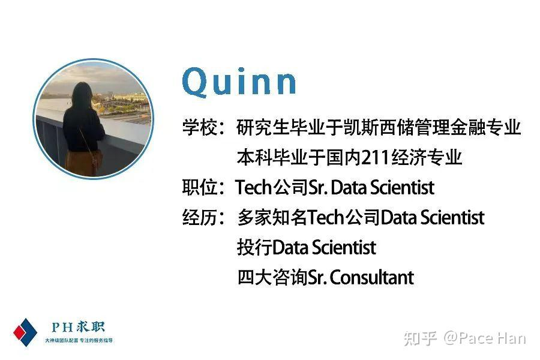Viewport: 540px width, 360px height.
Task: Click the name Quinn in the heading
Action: point(239,82)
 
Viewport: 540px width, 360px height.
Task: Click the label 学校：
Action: point(203,127)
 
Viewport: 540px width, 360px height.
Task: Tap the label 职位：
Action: point(203,188)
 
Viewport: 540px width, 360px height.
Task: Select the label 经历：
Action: point(203,218)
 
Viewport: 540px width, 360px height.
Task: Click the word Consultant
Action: point(372,278)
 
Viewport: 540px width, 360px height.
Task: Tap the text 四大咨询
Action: point(272,278)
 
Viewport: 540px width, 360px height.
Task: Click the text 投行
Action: point(254,248)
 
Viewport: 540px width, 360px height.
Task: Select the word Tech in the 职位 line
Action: point(254,188)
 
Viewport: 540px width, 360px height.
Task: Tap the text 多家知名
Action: point(272,218)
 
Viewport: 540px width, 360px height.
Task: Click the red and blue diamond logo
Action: point(25,332)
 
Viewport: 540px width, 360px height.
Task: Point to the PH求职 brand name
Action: point(78,327)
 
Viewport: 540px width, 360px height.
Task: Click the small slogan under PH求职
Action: point(79,340)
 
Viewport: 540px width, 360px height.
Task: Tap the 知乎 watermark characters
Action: point(421,338)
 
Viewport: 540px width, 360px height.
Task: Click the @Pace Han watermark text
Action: point(485,338)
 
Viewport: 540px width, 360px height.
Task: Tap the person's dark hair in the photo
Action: point(82,95)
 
